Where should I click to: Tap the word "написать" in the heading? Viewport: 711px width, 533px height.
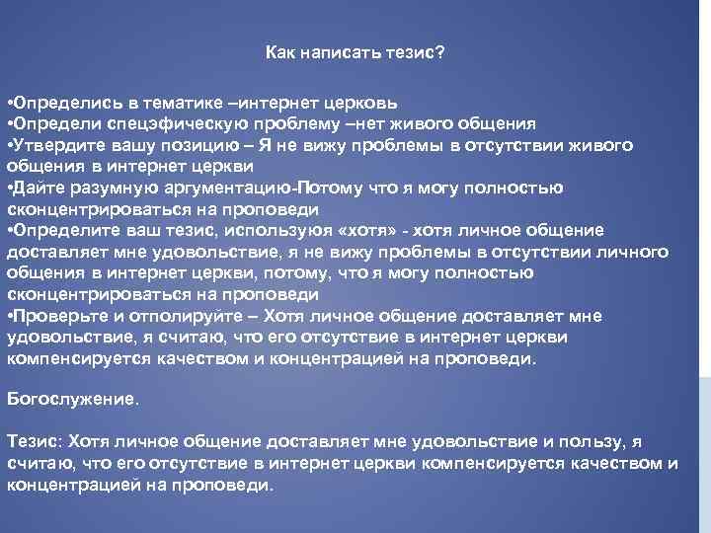[336, 51]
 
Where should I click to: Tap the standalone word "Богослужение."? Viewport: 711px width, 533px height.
[73, 401]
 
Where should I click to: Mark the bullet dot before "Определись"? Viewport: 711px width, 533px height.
[9, 103]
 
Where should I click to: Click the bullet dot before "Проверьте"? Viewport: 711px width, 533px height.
[9, 316]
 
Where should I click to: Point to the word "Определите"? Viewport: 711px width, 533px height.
[58, 231]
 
